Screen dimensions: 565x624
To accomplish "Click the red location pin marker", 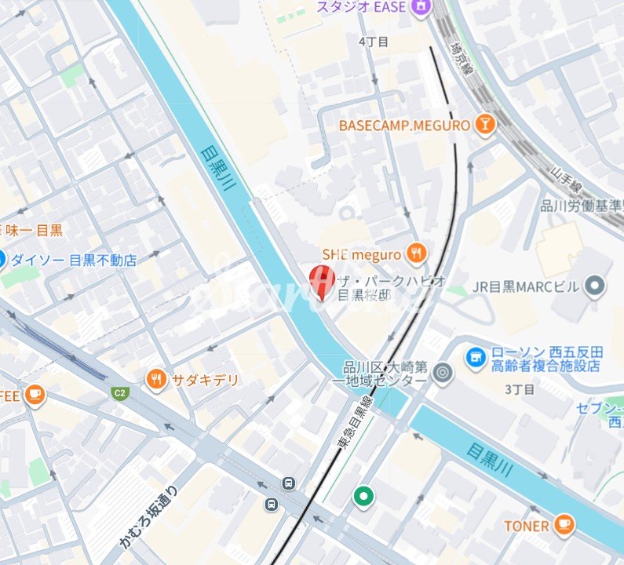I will pyautogui.click(x=320, y=281).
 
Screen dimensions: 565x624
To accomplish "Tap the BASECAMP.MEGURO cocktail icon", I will pyautogui.click(x=486, y=125).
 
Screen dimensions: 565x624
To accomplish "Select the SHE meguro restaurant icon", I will pyautogui.click(x=417, y=253).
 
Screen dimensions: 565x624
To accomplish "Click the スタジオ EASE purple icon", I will pyautogui.click(x=422, y=6).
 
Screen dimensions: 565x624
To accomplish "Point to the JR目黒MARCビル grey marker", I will pyautogui.click(x=597, y=286).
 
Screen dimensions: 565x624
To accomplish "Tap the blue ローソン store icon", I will pyautogui.click(x=475, y=358).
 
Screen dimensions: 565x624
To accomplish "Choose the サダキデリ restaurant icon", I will pyautogui.click(x=157, y=380).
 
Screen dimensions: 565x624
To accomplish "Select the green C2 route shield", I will pyautogui.click(x=119, y=393).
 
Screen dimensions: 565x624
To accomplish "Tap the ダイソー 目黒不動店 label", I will pyautogui.click(x=74, y=260).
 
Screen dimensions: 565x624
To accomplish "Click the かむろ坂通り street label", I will pyautogui.click(x=149, y=517).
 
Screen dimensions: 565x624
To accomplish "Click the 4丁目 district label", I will pyautogui.click(x=373, y=41).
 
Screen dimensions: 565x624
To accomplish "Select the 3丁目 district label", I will pyautogui.click(x=520, y=389).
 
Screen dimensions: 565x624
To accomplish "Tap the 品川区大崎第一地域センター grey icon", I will pyautogui.click(x=443, y=372).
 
